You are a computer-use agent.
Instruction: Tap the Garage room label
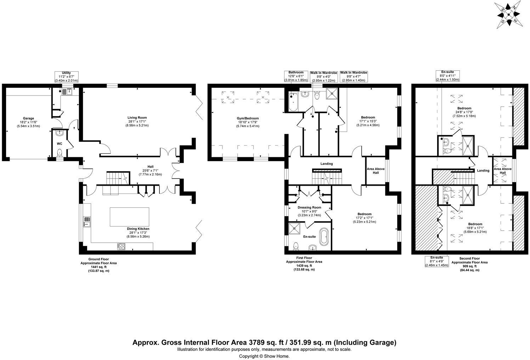28,118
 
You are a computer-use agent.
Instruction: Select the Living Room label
137,118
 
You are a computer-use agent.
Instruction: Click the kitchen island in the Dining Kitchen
129,216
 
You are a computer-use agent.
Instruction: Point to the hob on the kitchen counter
122,246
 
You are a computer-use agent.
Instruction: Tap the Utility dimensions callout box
67,77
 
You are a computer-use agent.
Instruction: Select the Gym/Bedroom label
248,118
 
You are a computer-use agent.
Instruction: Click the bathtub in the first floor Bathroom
293,102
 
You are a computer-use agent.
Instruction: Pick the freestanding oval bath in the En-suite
324,236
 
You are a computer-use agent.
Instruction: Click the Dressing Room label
309,208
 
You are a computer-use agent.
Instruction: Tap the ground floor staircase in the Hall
118,178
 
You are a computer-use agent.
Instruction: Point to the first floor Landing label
327,164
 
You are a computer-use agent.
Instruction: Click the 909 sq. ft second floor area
470,266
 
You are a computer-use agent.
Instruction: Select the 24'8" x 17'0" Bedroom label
464,112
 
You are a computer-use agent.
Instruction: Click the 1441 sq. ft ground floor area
98,267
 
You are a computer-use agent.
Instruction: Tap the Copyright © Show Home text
264,356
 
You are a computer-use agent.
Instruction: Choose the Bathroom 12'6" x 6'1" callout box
296,76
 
